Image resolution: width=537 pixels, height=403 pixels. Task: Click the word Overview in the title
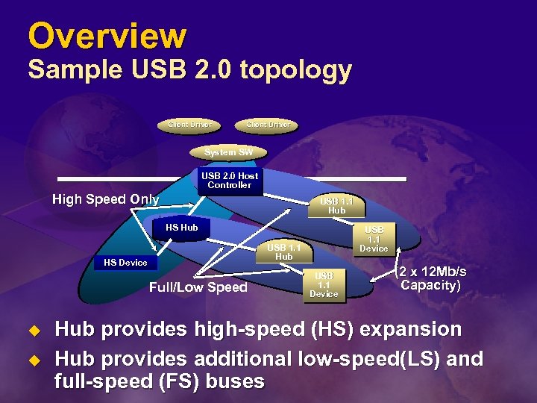pyautogui.click(x=107, y=35)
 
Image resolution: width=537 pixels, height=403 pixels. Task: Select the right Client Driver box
pyautogui.click(x=267, y=124)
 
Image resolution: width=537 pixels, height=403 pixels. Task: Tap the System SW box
pyautogui.click(x=228, y=152)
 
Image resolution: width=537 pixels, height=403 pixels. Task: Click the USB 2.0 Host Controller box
pyautogui.click(x=230, y=181)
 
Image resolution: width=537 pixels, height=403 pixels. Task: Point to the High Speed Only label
pyautogui.click(x=105, y=199)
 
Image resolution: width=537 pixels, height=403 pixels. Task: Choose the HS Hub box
pyautogui.click(x=181, y=228)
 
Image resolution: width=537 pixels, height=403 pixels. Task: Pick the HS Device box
pyautogui.click(x=125, y=263)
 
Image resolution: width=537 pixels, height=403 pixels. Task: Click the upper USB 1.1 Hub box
pyautogui.click(x=336, y=206)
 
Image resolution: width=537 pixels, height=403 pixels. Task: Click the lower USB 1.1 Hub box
pyautogui.click(x=283, y=252)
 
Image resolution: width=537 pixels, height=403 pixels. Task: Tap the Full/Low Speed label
pyautogui.click(x=198, y=287)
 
